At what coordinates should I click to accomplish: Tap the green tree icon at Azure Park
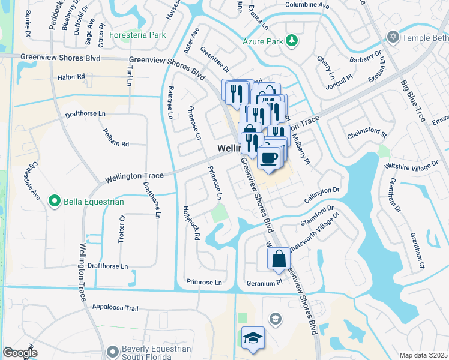tap(292, 40)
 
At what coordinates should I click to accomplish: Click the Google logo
tap(20, 353)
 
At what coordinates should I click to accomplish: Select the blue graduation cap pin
tap(253, 338)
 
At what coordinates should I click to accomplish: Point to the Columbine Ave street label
tap(307, 5)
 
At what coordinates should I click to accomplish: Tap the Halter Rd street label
tap(71, 77)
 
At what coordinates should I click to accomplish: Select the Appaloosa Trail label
tap(115, 308)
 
